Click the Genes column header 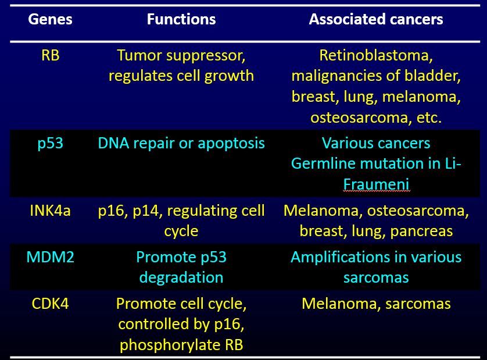pyautogui.click(x=51, y=19)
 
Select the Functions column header pyautogui.click(x=181, y=19)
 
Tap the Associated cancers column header pyautogui.click(x=376, y=19)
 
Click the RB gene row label pyautogui.click(x=51, y=56)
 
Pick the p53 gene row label pyautogui.click(x=51, y=143)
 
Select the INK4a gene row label pyautogui.click(x=51, y=211)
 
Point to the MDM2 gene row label pyautogui.click(x=51, y=257)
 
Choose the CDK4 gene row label pyautogui.click(x=51, y=304)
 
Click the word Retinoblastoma pyautogui.click(x=376, y=56)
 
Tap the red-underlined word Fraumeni pyautogui.click(x=376, y=184)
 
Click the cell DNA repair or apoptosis pyautogui.click(x=181, y=143)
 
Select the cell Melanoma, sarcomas pyautogui.click(x=376, y=304)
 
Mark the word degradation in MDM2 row pyautogui.click(x=181, y=277)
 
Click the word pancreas pyautogui.click(x=422, y=231)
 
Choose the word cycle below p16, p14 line pyautogui.click(x=181, y=231)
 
